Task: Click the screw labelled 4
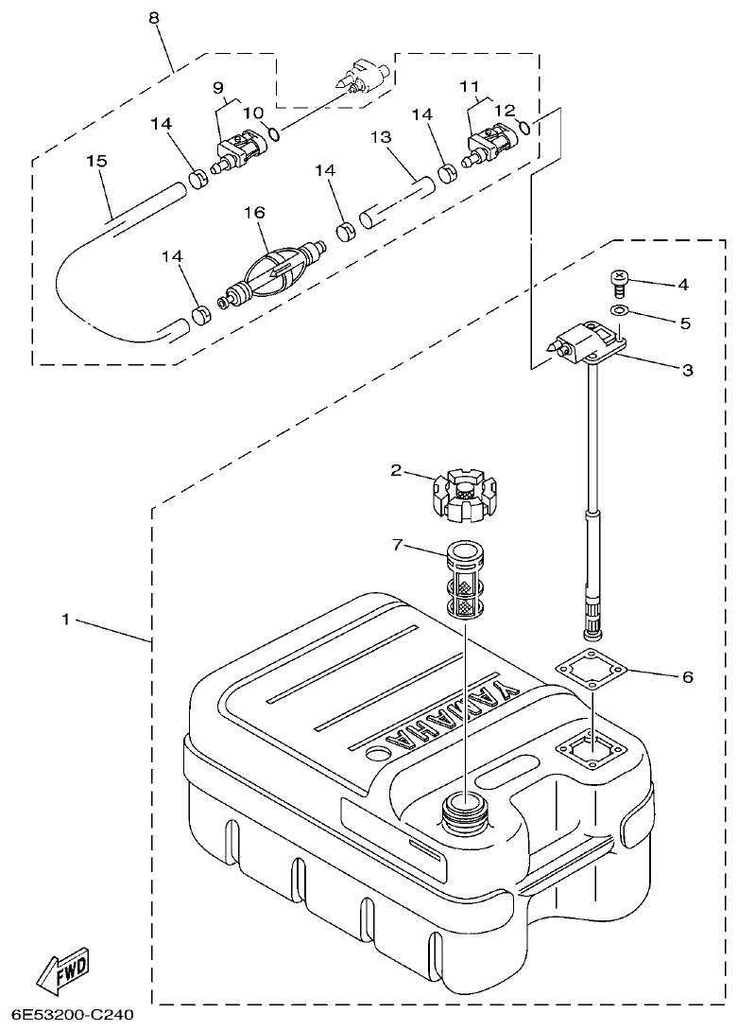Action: coord(618,281)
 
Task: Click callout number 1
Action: coord(66,620)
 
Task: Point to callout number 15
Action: coord(96,161)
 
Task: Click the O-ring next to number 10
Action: coord(273,133)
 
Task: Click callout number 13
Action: coord(381,138)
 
